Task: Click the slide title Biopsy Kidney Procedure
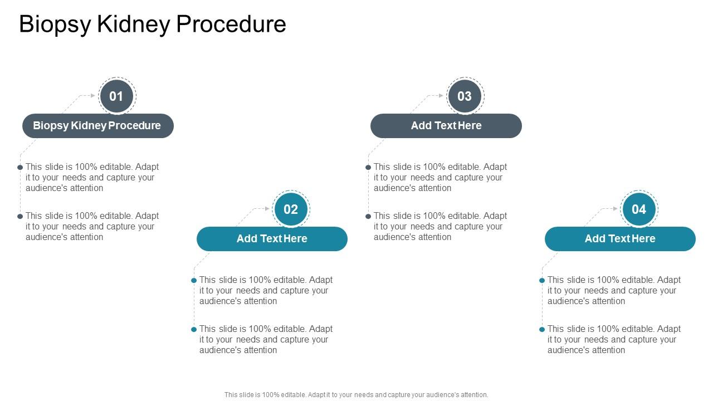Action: (152, 25)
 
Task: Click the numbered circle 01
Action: (116, 96)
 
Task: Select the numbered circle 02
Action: (291, 209)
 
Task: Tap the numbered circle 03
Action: (465, 96)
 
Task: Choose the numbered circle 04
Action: (639, 209)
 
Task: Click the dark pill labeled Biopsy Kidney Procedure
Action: (97, 126)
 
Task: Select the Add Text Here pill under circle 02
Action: (272, 239)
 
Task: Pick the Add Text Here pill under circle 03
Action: (446, 126)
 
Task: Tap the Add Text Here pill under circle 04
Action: (620, 239)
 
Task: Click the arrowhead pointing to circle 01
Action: (93, 96)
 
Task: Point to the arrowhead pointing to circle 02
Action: (267, 209)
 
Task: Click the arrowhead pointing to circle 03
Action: (441, 96)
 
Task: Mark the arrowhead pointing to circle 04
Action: (616, 209)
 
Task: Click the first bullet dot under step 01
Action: (20, 167)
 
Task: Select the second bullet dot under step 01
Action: (20, 216)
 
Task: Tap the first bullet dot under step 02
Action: (194, 280)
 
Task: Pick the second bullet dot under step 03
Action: (368, 216)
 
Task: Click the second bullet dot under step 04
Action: (542, 329)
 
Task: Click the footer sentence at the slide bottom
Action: (356, 395)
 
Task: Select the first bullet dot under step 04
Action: (542, 280)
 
